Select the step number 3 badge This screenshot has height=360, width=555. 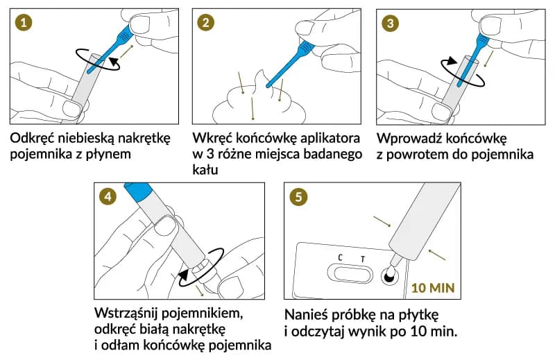point(391,23)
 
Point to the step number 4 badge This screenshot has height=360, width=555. point(108,196)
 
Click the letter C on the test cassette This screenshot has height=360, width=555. point(340,258)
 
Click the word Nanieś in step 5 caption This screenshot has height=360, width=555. point(307,311)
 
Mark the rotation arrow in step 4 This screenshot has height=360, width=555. point(201,264)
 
